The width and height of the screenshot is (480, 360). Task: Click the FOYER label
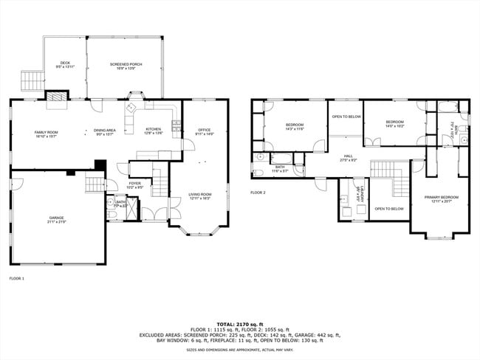click(134, 184)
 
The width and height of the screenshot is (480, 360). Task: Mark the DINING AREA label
click(103, 132)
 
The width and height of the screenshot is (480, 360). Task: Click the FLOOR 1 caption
click(16, 279)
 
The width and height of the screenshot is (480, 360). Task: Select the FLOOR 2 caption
click(257, 193)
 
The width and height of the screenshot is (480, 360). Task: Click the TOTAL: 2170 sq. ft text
click(239, 323)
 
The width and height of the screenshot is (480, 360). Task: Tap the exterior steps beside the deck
click(31, 80)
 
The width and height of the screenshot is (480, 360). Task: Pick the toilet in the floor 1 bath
click(111, 212)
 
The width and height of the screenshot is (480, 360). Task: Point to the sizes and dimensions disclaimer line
click(239, 350)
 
